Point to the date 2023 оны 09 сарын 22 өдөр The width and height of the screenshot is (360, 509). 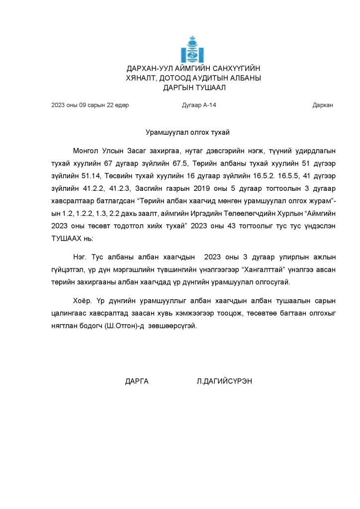90,105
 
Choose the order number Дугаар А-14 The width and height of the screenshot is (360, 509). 199,105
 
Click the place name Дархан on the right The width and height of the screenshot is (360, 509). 323,105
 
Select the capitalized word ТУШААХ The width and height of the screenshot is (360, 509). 67,239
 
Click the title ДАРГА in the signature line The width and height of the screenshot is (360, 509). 137,381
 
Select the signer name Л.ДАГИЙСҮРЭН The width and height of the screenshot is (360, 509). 224,381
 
